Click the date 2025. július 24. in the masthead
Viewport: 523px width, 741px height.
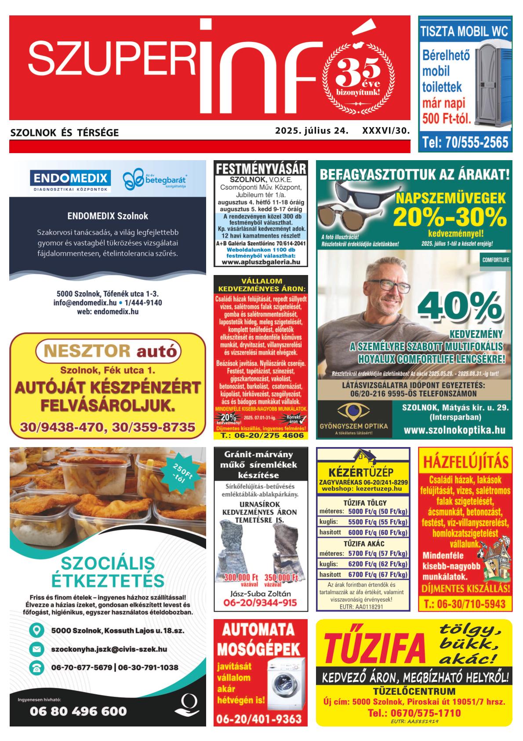coord(312,131)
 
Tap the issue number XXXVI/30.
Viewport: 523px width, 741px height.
coord(385,131)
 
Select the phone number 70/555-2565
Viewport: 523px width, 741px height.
coord(465,142)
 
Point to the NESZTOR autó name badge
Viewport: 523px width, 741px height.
coord(107,351)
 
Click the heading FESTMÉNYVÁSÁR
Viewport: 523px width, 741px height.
coord(261,169)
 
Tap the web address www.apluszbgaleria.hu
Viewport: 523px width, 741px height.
coord(261,261)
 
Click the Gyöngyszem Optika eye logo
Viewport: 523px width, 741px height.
coord(353,411)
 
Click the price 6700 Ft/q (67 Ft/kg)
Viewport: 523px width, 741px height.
coord(378,574)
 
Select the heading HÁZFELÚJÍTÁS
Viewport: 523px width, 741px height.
coord(465,462)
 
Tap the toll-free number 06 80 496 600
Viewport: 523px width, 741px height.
coord(78,711)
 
